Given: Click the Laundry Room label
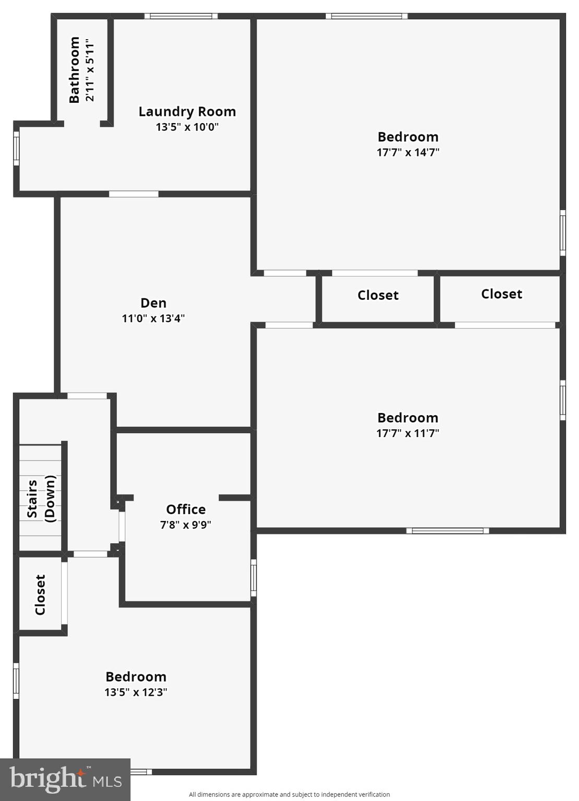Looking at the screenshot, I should (187, 112).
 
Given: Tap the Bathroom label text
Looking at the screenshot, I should (74, 70).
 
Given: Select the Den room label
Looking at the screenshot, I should (153, 303).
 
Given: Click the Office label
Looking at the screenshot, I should (186, 509).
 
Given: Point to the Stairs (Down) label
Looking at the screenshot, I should (41, 499).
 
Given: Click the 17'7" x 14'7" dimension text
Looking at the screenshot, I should (408, 152).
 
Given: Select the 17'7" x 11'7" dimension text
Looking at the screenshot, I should (408, 433).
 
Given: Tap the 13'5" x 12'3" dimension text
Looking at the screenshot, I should (136, 692).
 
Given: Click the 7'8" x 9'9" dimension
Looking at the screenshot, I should (186, 525).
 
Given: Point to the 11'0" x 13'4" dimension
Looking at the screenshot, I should (153, 318).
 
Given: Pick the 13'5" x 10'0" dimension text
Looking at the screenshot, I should (187, 127).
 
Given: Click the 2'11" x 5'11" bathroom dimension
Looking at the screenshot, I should (90, 70).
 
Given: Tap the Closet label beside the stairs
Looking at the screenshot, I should (40, 595).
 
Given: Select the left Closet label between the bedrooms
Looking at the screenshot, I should (378, 296).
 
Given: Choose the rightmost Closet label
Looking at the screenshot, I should (501, 294).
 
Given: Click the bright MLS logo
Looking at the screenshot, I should (65, 780).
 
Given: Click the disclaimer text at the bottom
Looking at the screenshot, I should (289, 795).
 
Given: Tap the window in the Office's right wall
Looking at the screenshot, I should (254, 577).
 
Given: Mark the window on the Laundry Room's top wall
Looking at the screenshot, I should (181, 16).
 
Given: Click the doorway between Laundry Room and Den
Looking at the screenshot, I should (134, 194).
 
